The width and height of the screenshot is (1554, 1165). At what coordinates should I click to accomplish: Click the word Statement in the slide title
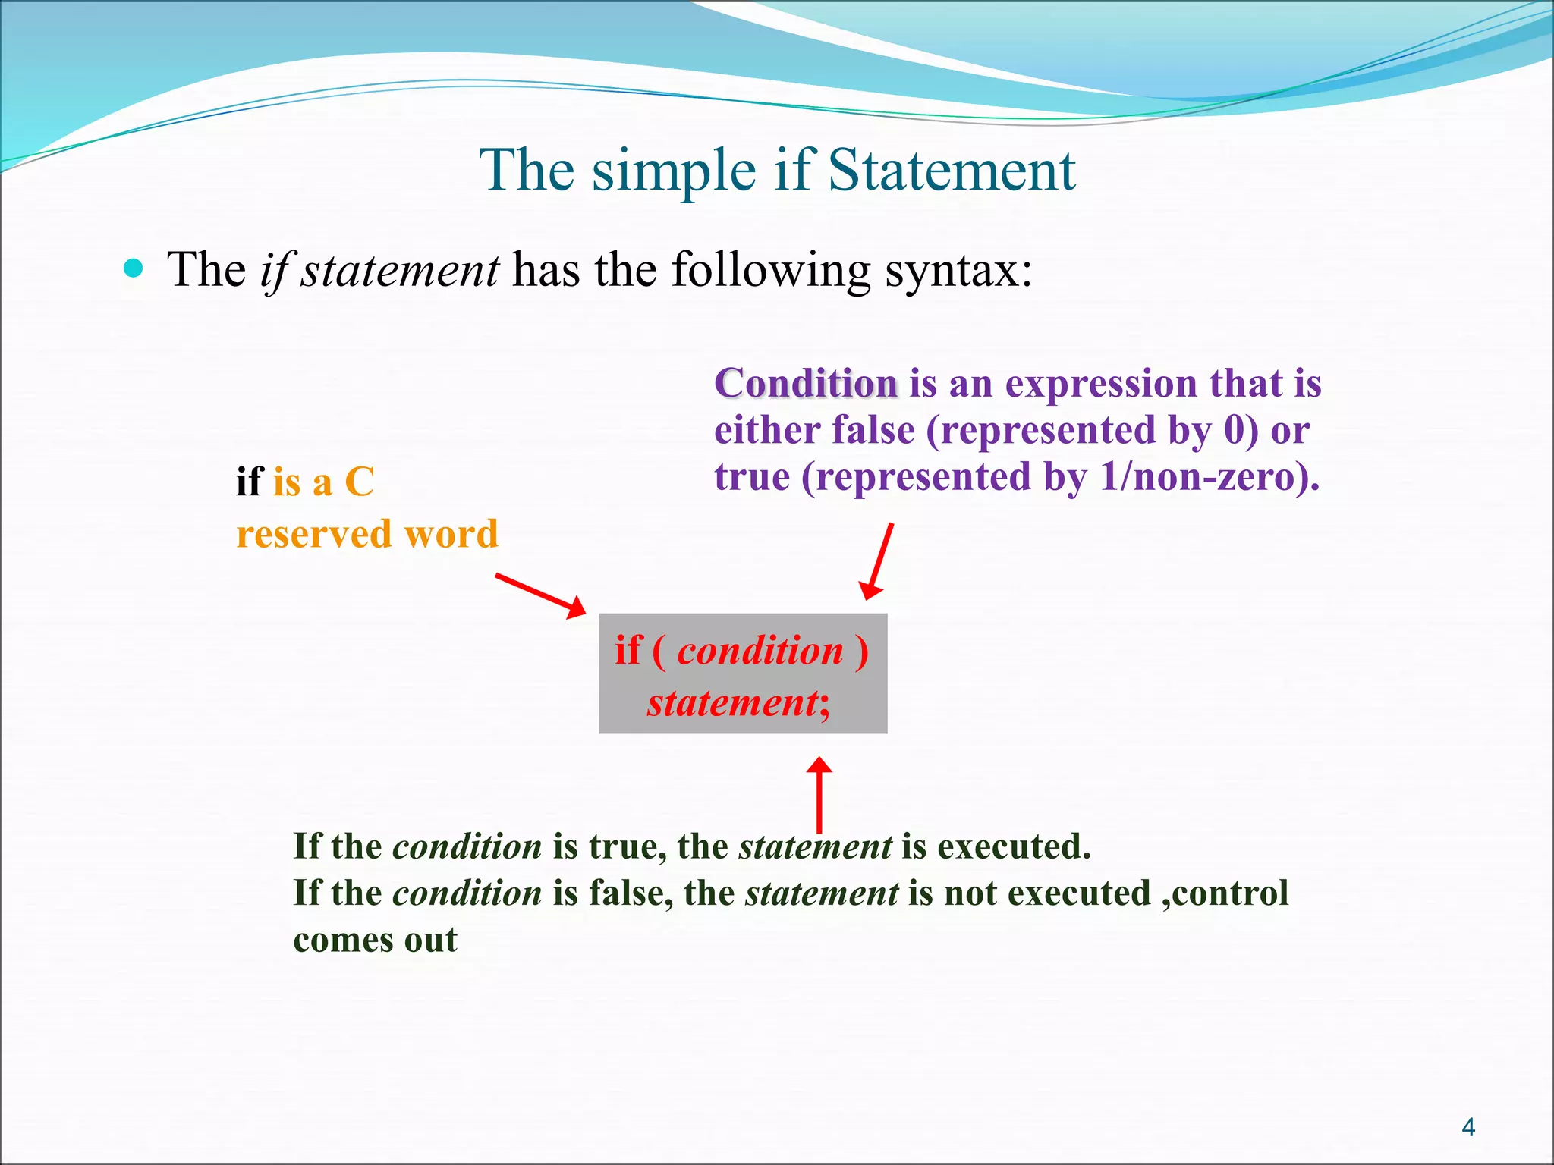point(952,170)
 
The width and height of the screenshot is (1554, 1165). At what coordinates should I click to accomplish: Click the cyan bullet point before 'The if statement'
point(134,268)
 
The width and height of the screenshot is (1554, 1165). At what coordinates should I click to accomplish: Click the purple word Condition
point(806,383)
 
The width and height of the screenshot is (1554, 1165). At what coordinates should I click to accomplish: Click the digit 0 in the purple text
point(1235,430)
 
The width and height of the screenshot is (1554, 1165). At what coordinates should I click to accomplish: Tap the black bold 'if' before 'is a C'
point(249,482)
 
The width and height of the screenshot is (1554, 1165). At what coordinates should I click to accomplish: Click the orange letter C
point(359,482)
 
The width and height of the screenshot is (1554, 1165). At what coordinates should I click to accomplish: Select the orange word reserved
point(313,534)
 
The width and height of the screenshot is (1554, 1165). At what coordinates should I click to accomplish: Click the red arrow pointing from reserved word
point(541,595)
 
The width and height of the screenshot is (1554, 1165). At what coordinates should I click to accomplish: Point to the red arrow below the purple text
point(878,561)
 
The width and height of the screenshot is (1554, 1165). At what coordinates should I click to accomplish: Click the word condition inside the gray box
point(760,651)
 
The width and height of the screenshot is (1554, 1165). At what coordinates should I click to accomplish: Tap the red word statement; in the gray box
point(738,702)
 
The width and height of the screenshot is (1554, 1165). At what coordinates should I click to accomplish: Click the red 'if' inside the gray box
point(628,651)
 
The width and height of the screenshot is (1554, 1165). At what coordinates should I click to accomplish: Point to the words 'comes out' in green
point(375,940)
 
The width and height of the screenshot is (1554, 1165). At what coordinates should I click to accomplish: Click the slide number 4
point(1467,1128)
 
